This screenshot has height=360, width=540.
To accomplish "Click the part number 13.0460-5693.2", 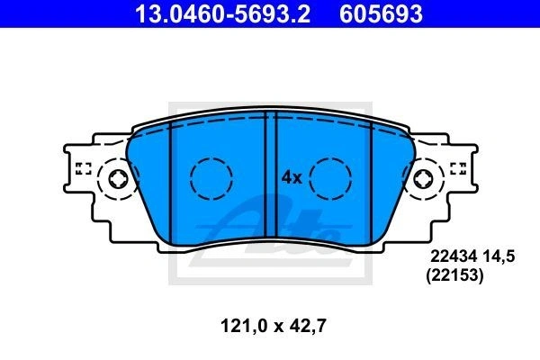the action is [x=222, y=13].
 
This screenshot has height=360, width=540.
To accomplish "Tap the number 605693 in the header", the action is [x=381, y=13].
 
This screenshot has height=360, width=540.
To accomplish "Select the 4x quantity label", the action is [x=292, y=178].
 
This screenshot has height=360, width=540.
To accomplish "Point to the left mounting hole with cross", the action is [x=119, y=179].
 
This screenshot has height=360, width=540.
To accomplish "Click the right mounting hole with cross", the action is [x=423, y=179].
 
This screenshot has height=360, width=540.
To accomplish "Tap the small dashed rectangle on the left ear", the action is [x=83, y=168].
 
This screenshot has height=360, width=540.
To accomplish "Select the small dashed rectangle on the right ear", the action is [x=458, y=168].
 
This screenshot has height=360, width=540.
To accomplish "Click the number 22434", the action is [x=454, y=256].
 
